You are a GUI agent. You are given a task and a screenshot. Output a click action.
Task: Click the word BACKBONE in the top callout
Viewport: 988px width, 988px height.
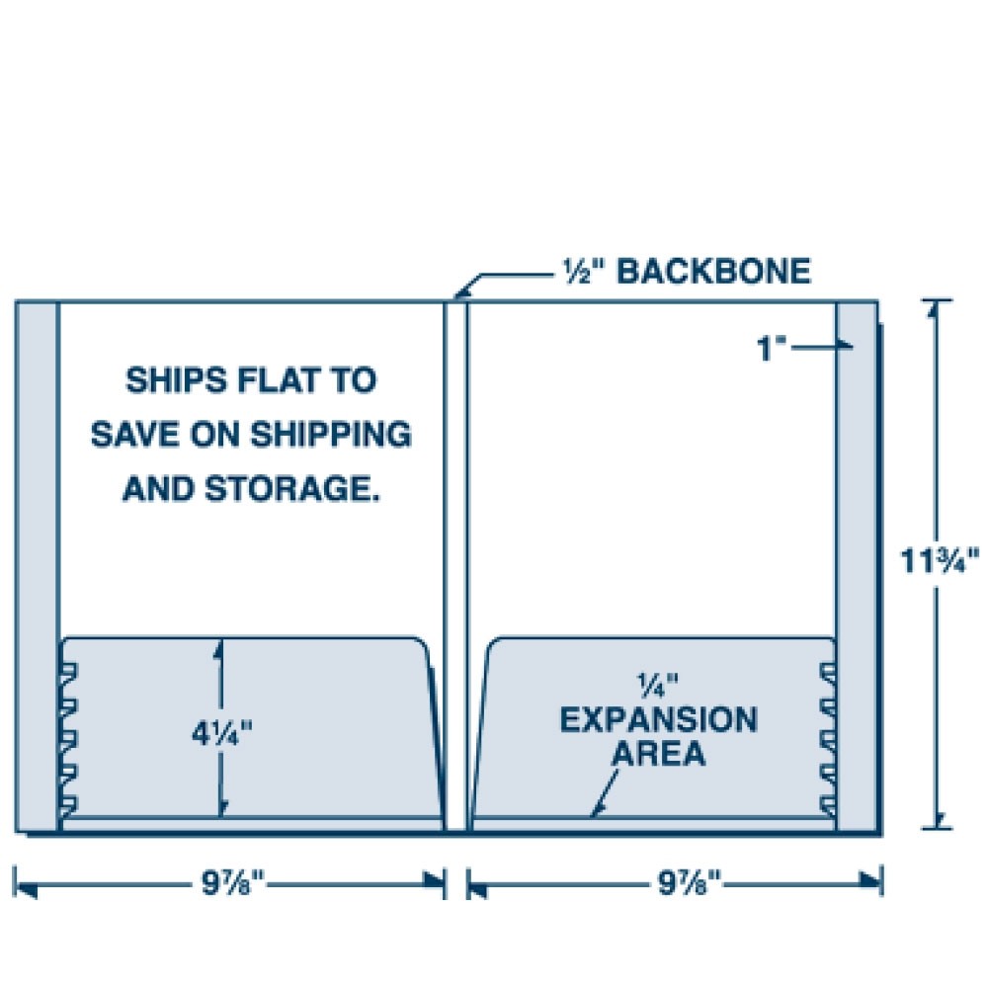(x=713, y=271)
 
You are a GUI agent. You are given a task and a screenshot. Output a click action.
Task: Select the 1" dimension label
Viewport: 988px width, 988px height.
(x=773, y=349)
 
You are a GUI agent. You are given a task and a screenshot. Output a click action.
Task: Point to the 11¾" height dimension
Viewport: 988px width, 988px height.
(x=939, y=561)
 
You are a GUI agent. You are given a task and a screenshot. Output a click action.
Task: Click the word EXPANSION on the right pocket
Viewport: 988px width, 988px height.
(x=659, y=719)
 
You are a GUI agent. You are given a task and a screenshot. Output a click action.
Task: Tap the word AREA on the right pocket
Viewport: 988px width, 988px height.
(x=659, y=755)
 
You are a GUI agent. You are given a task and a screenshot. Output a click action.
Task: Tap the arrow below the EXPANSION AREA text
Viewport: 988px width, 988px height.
(x=606, y=794)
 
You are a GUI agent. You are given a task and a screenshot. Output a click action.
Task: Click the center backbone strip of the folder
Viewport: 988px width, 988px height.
(x=455, y=563)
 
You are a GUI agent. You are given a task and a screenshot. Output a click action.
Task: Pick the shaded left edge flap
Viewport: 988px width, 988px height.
(x=37, y=563)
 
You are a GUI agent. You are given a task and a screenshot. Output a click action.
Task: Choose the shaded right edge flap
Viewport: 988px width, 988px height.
(x=856, y=563)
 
